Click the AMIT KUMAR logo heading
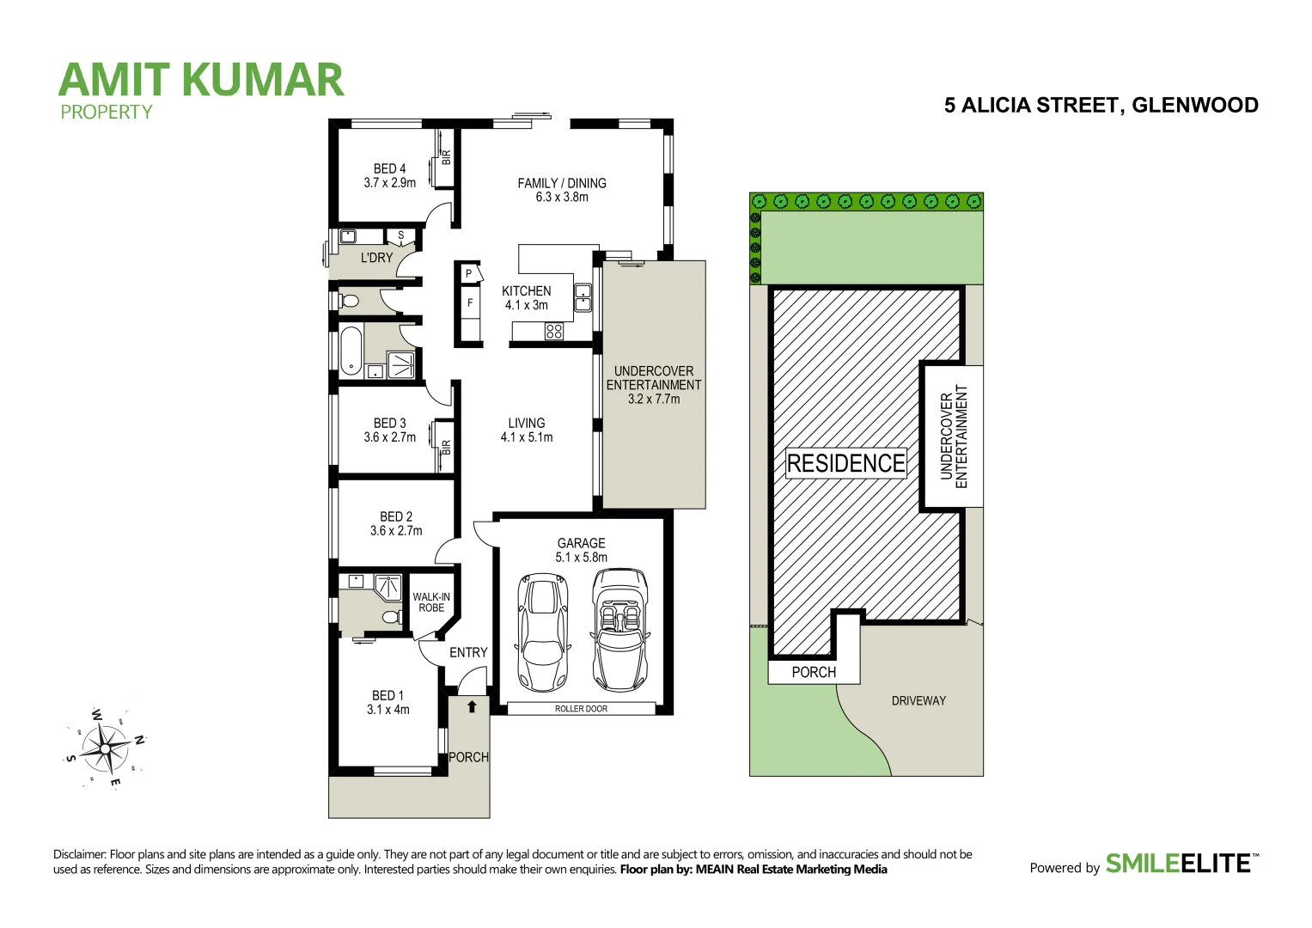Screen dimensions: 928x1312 coord(201,81)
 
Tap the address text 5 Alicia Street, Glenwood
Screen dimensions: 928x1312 coord(1101,106)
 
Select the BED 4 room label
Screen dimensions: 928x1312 coord(389,175)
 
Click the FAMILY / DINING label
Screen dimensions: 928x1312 coord(562,190)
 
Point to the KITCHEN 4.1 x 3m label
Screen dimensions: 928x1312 coord(526,298)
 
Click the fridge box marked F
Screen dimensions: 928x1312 coord(470,302)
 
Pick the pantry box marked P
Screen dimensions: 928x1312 coord(469,274)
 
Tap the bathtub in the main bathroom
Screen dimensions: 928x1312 coord(351,351)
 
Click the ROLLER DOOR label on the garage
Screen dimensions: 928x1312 coord(581,709)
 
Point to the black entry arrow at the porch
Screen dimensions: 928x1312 coord(472,707)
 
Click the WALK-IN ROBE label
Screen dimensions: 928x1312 coord(431,602)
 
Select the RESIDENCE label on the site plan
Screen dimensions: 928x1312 coord(845,463)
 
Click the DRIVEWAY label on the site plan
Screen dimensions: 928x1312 coord(918,701)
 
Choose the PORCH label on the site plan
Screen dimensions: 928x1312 coord(813,672)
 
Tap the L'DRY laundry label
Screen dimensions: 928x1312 coord(376,258)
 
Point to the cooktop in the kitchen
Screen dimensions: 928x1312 coord(554,331)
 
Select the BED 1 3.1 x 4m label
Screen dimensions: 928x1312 coord(388,703)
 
